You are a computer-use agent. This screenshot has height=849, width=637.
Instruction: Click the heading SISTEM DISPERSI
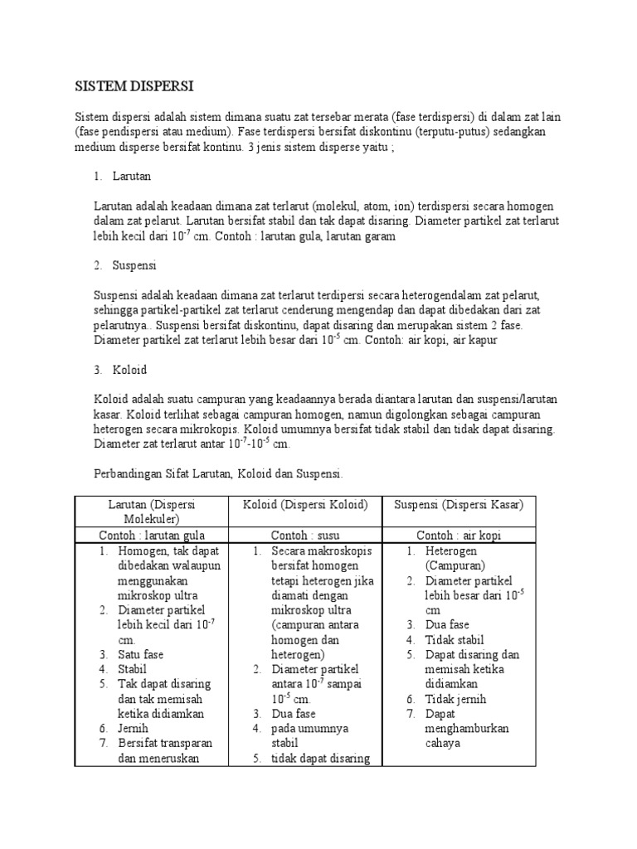134,85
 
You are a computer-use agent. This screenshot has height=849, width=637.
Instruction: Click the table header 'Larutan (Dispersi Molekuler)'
151,511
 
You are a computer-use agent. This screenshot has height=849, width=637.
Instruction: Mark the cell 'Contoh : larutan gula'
151,535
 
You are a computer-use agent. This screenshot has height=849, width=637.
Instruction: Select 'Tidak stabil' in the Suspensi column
454,639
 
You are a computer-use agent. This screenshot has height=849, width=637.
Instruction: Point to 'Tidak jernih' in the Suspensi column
455,699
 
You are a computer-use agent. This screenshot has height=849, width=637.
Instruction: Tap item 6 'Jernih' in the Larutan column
134,729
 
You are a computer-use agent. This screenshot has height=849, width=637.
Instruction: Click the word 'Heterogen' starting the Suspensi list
452,551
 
